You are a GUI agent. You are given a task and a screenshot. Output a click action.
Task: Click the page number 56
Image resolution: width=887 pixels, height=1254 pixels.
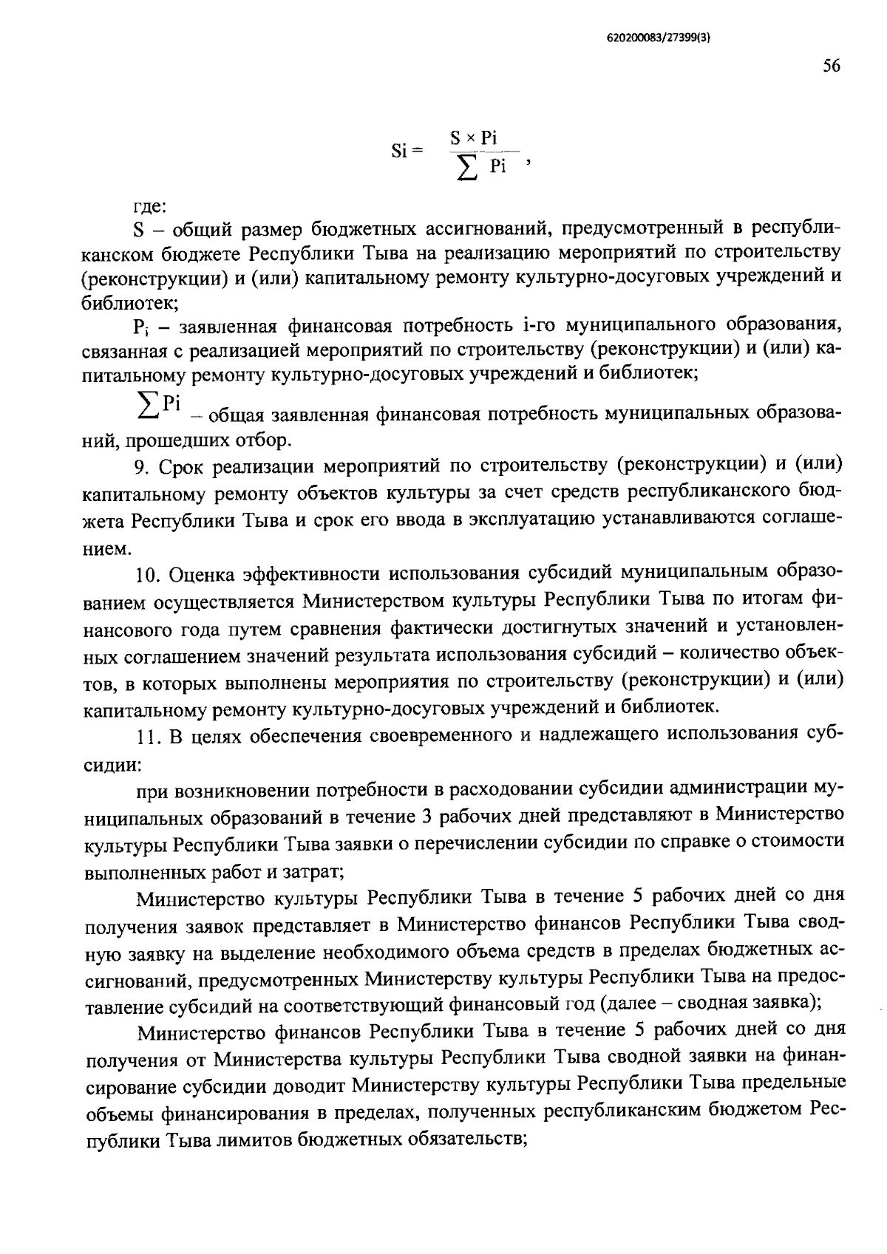pyautogui.click(x=831, y=67)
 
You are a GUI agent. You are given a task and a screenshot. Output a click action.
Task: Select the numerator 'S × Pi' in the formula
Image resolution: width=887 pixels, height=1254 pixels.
pyautogui.click(x=474, y=138)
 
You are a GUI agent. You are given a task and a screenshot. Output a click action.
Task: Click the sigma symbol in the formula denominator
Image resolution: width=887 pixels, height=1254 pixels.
pyautogui.click(x=466, y=169)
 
